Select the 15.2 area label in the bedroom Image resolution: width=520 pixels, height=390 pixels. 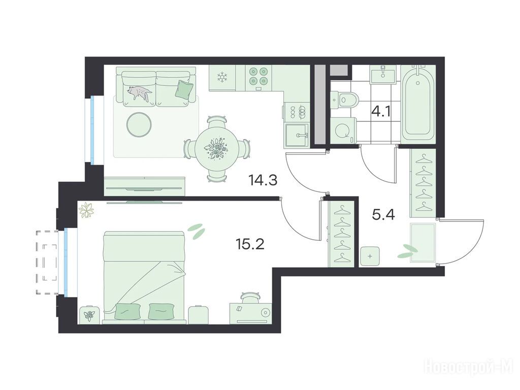pos(250,244)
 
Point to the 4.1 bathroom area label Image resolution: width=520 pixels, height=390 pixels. pos(381,112)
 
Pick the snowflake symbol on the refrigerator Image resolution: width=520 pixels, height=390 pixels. pos(221,77)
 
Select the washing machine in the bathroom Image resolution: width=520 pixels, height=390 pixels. pos(344,131)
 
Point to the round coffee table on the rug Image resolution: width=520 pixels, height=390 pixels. pos(140,124)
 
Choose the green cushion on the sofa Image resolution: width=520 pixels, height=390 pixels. pos(184,89)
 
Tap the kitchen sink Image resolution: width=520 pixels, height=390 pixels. pos(297,136)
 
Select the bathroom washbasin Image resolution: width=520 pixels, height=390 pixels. pos(383,74)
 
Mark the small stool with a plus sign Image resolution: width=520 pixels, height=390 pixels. pos(370,256)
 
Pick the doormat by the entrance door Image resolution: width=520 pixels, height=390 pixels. pos(422,243)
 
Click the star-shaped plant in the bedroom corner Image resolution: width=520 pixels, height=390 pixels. pos(86,210)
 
